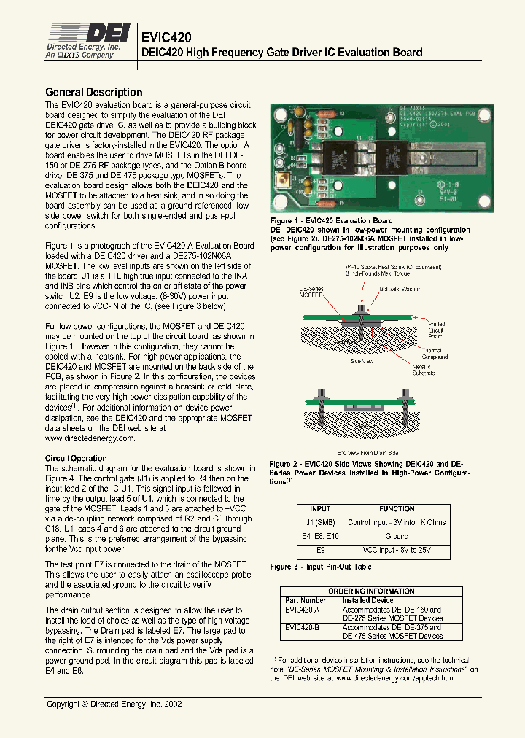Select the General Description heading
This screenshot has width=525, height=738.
tap(93, 92)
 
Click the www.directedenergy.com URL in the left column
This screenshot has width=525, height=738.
tap(90, 438)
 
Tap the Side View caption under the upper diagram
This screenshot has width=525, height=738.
tap(361, 360)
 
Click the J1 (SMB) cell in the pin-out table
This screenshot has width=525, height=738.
tap(320, 522)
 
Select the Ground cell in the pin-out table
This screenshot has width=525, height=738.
tap(397, 535)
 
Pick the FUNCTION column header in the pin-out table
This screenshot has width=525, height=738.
tap(397, 509)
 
